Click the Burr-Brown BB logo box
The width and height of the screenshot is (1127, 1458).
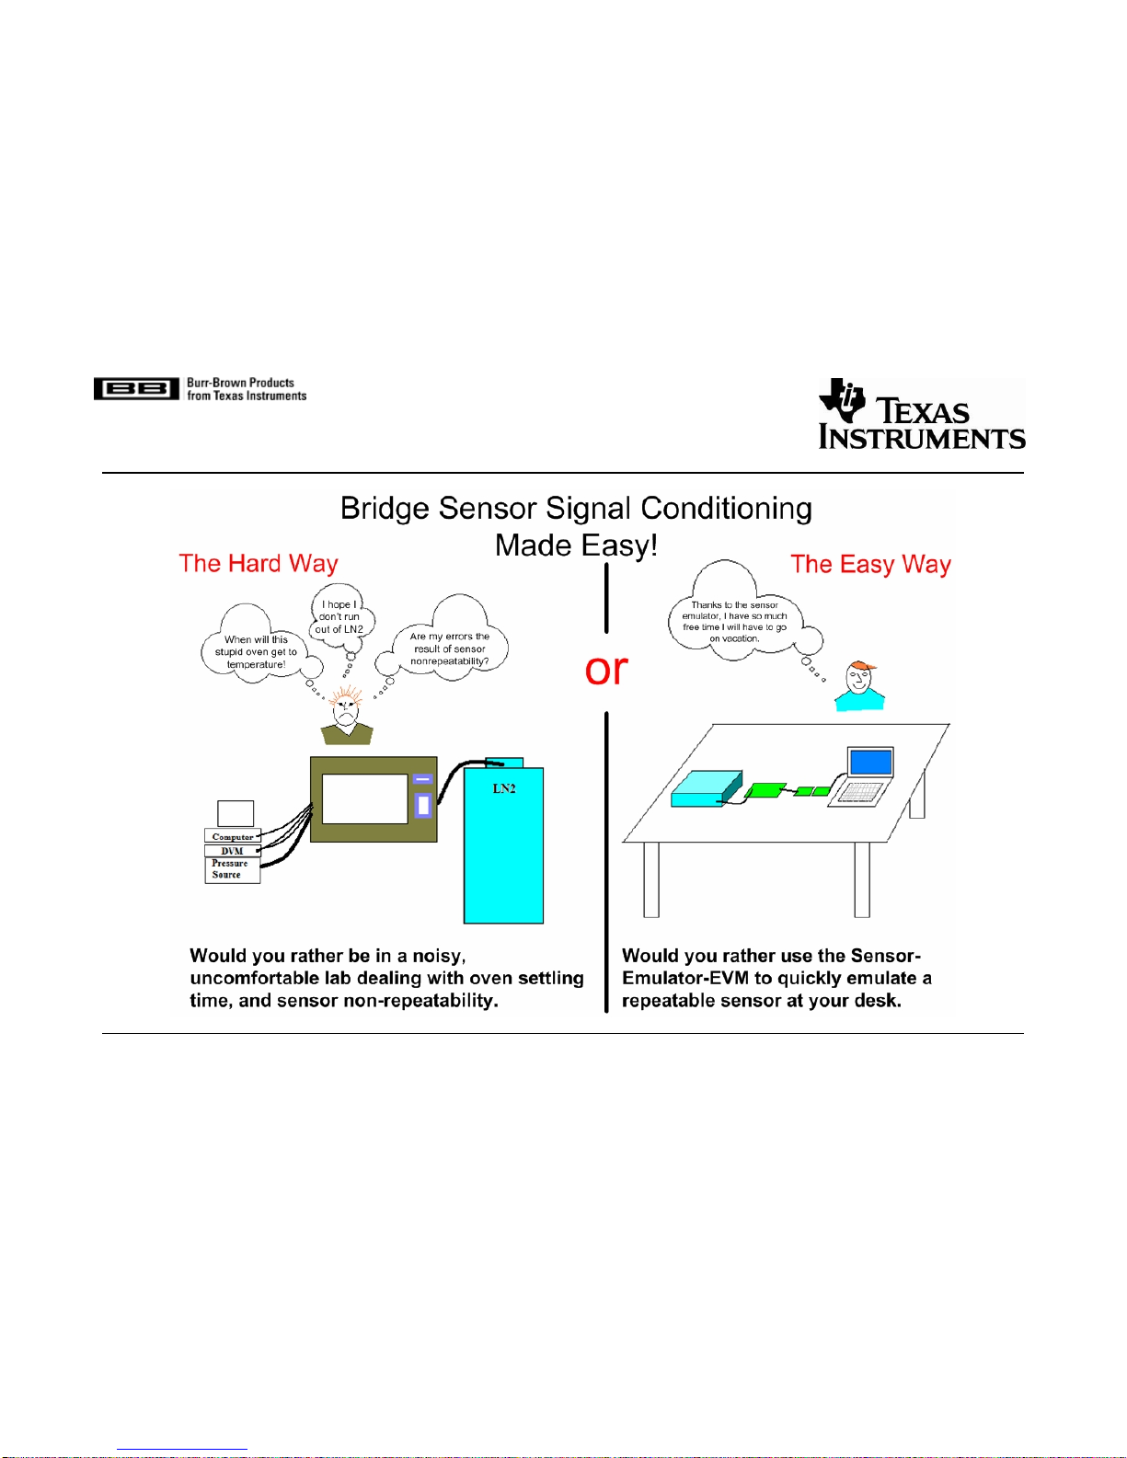(136, 388)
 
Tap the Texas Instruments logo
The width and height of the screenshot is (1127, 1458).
(922, 413)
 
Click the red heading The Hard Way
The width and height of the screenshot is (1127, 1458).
(259, 564)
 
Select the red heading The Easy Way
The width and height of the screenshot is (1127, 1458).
(870, 564)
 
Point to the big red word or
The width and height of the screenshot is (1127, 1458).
(606, 670)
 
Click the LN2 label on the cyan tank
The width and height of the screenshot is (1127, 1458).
(504, 789)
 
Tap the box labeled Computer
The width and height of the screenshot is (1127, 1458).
(233, 836)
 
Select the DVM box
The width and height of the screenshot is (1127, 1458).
(232, 851)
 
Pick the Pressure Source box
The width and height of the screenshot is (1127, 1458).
(232, 870)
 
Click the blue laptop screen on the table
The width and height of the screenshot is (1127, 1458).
(870, 763)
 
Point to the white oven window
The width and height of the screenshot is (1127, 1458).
(365, 798)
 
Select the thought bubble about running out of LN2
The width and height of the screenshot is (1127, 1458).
(341, 616)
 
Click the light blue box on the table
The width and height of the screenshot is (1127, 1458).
(707, 789)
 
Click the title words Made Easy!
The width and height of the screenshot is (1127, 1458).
(576, 545)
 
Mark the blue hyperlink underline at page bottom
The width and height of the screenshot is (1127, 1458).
(182, 1450)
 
